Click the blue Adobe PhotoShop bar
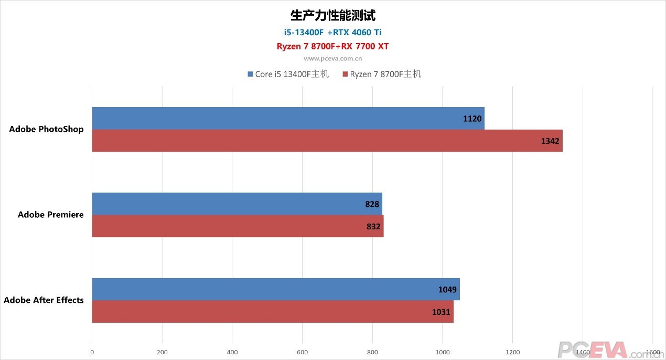click(x=288, y=118)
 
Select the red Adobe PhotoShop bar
click(x=327, y=141)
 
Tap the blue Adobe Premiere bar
click(x=237, y=204)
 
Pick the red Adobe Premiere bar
click(x=238, y=226)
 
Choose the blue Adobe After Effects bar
click(x=276, y=289)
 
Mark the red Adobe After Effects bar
click(x=273, y=312)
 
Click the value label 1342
click(x=551, y=141)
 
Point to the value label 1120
click(x=472, y=119)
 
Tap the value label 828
click(x=372, y=204)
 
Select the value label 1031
click(x=441, y=312)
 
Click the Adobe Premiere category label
click(x=50, y=215)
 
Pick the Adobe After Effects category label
click(x=44, y=300)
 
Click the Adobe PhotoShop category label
click(x=46, y=129)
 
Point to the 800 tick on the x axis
click(x=372, y=352)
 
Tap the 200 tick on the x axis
click(x=162, y=352)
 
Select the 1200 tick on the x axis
click(x=513, y=352)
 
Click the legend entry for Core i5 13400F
click(x=288, y=74)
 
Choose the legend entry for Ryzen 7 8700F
click(x=382, y=74)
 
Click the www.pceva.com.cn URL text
click(x=332, y=59)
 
